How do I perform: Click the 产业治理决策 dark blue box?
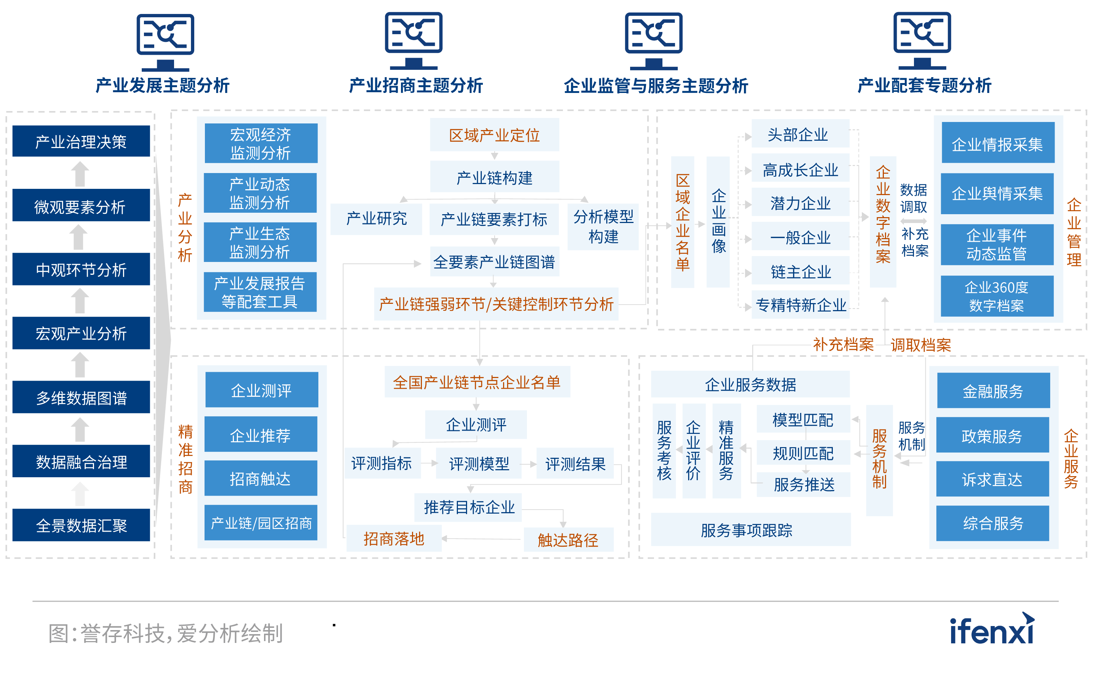pyautogui.click(x=81, y=141)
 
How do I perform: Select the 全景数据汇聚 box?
pyautogui.click(x=81, y=525)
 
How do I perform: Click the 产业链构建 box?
pyautogui.click(x=494, y=177)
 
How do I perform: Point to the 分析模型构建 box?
pyautogui.click(x=603, y=227)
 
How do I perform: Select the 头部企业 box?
pyautogui.click(x=800, y=134)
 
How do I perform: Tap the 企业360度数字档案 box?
pyautogui.click(x=997, y=296)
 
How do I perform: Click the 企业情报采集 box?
pyautogui.click(x=998, y=144)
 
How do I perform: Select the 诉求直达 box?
pyautogui.click(x=992, y=479)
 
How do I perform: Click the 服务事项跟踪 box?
pyautogui.click(x=750, y=530)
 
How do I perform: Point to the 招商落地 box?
pyautogui.click(x=394, y=539)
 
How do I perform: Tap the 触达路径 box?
pyautogui.click(x=568, y=540)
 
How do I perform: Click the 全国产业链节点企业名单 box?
pyautogui.click(x=477, y=382)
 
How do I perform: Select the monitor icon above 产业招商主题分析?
pyautogui.click(x=414, y=40)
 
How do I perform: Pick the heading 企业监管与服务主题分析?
pyautogui.click(x=655, y=85)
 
